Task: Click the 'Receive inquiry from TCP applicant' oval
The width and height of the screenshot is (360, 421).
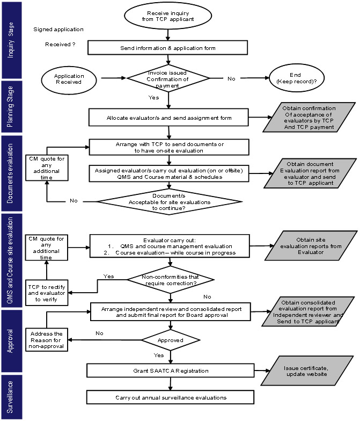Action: click(168, 16)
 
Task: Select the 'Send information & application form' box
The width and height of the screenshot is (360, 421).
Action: click(167, 48)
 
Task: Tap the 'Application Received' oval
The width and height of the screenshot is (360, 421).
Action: click(69, 80)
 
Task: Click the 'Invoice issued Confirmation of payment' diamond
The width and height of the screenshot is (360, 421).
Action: click(168, 78)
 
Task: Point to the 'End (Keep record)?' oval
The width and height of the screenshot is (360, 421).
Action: click(297, 78)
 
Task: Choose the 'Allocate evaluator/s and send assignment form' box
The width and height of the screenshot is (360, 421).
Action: click(168, 117)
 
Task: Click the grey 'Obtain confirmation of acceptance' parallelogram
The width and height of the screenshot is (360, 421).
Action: click(309, 117)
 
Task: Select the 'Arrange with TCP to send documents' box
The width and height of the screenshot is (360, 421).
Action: click(169, 147)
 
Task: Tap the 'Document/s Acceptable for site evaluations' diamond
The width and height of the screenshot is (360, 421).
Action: click(170, 202)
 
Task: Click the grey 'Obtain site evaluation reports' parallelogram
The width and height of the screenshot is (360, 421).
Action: click(311, 246)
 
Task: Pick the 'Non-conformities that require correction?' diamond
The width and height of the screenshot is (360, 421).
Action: click(171, 279)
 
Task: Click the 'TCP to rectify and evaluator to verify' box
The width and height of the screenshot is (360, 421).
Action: click(47, 293)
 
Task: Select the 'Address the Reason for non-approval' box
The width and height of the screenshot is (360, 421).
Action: click(46, 339)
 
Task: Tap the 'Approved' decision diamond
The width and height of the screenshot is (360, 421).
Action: click(171, 340)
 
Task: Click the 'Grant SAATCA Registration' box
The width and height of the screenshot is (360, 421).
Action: click(171, 371)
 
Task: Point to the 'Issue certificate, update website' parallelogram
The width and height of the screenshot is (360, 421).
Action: click(307, 371)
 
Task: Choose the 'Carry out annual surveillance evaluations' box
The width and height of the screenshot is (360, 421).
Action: click(171, 397)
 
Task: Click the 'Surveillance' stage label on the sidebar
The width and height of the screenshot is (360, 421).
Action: click(10, 397)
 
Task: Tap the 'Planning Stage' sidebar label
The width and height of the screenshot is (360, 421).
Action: click(10, 106)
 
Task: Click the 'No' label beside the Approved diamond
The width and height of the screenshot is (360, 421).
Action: click(99, 333)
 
